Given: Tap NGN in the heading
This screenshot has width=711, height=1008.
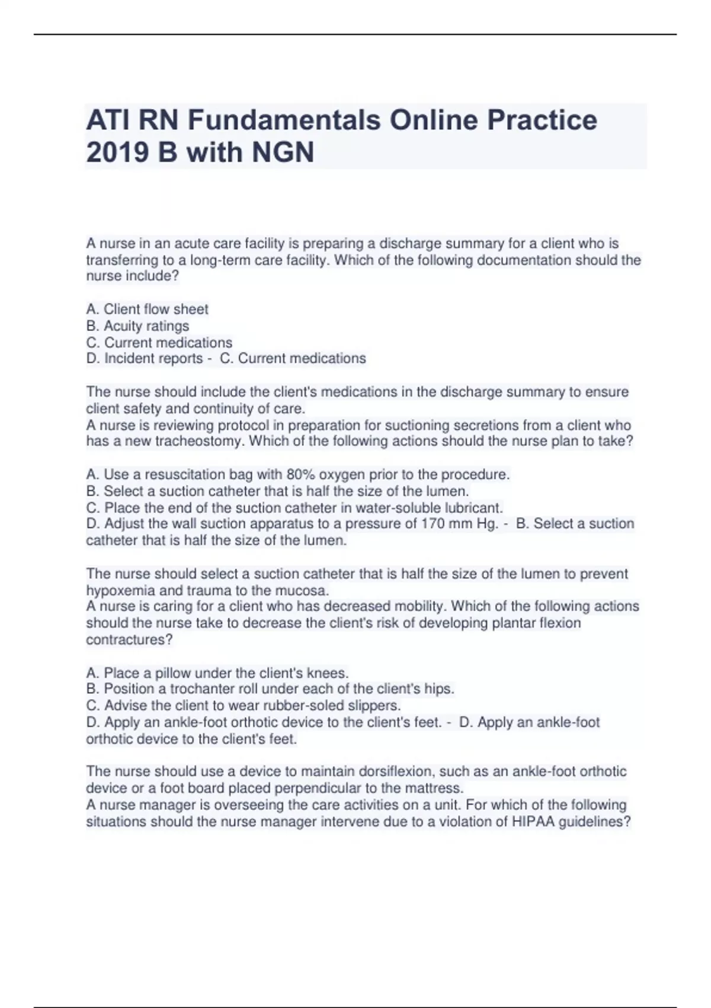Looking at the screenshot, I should point(283,152).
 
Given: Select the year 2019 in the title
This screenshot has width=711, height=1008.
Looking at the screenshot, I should point(117,152).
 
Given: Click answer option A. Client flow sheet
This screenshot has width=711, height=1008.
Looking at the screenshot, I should point(147,309).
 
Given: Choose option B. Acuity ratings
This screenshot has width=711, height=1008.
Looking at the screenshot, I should point(137,326).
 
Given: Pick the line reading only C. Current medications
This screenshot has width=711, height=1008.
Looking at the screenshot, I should point(159,342).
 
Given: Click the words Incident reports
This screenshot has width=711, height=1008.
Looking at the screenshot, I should point(153,359).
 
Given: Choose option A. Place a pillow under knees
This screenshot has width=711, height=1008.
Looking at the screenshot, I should point(217,673).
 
